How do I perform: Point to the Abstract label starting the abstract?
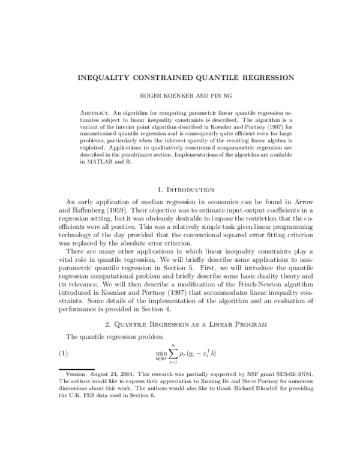click(x=95, y=112)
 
